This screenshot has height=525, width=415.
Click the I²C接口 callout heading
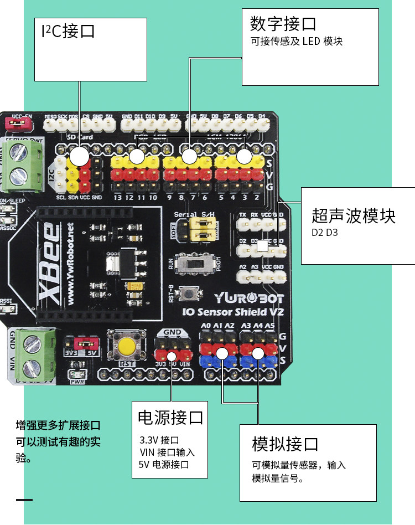pyautogui.click(x=68, y=31)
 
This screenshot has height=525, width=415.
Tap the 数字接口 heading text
pyautogui.click(x=283, y=24)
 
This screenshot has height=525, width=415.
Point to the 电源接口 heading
pyautogui.click(x=170, y=417)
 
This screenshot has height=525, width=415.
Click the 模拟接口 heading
pyautogui.click(x=285, y=444)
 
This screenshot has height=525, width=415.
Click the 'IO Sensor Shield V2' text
pyautogui.click(x=233, y=312)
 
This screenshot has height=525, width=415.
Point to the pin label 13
pyautogui.click(x=117, y=198)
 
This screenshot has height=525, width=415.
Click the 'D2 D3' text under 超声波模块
pyautogui.click(x=324, y=232)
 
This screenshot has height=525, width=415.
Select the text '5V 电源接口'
pyautogui.click(x=164, y=465)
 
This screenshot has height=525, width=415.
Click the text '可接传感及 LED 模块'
pyautogui.click(x=297, y=42)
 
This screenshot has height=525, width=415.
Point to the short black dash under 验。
pyautogui.click(x=24, y=500)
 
